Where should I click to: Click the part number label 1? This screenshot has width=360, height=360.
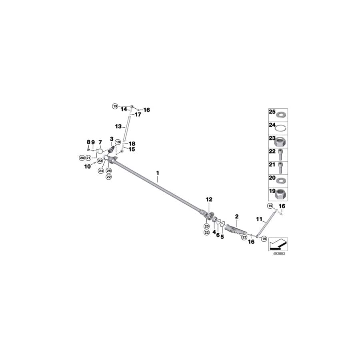click(x=158, y=173)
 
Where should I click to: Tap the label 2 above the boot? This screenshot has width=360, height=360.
click(x=237, y=216)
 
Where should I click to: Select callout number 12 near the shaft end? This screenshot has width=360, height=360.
click(x=209, y=199)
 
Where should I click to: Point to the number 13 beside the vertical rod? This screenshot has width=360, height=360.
click(x=118, y=126)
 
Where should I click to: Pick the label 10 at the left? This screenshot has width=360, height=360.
click(x=87, y=166)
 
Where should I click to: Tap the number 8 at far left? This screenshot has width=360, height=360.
click(x=88, y=142)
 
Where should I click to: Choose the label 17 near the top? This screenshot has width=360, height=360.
click(x=138, y=114)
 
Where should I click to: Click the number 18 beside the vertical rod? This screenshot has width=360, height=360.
click(x=132, y=143)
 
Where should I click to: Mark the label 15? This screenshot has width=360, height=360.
click(x=132, y=149)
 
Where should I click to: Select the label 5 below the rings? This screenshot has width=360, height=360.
click(x=222, y=236)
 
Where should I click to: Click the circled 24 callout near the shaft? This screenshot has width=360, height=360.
click(x=101, y=170)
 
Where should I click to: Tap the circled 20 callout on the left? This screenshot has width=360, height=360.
click(x=82, y=158)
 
